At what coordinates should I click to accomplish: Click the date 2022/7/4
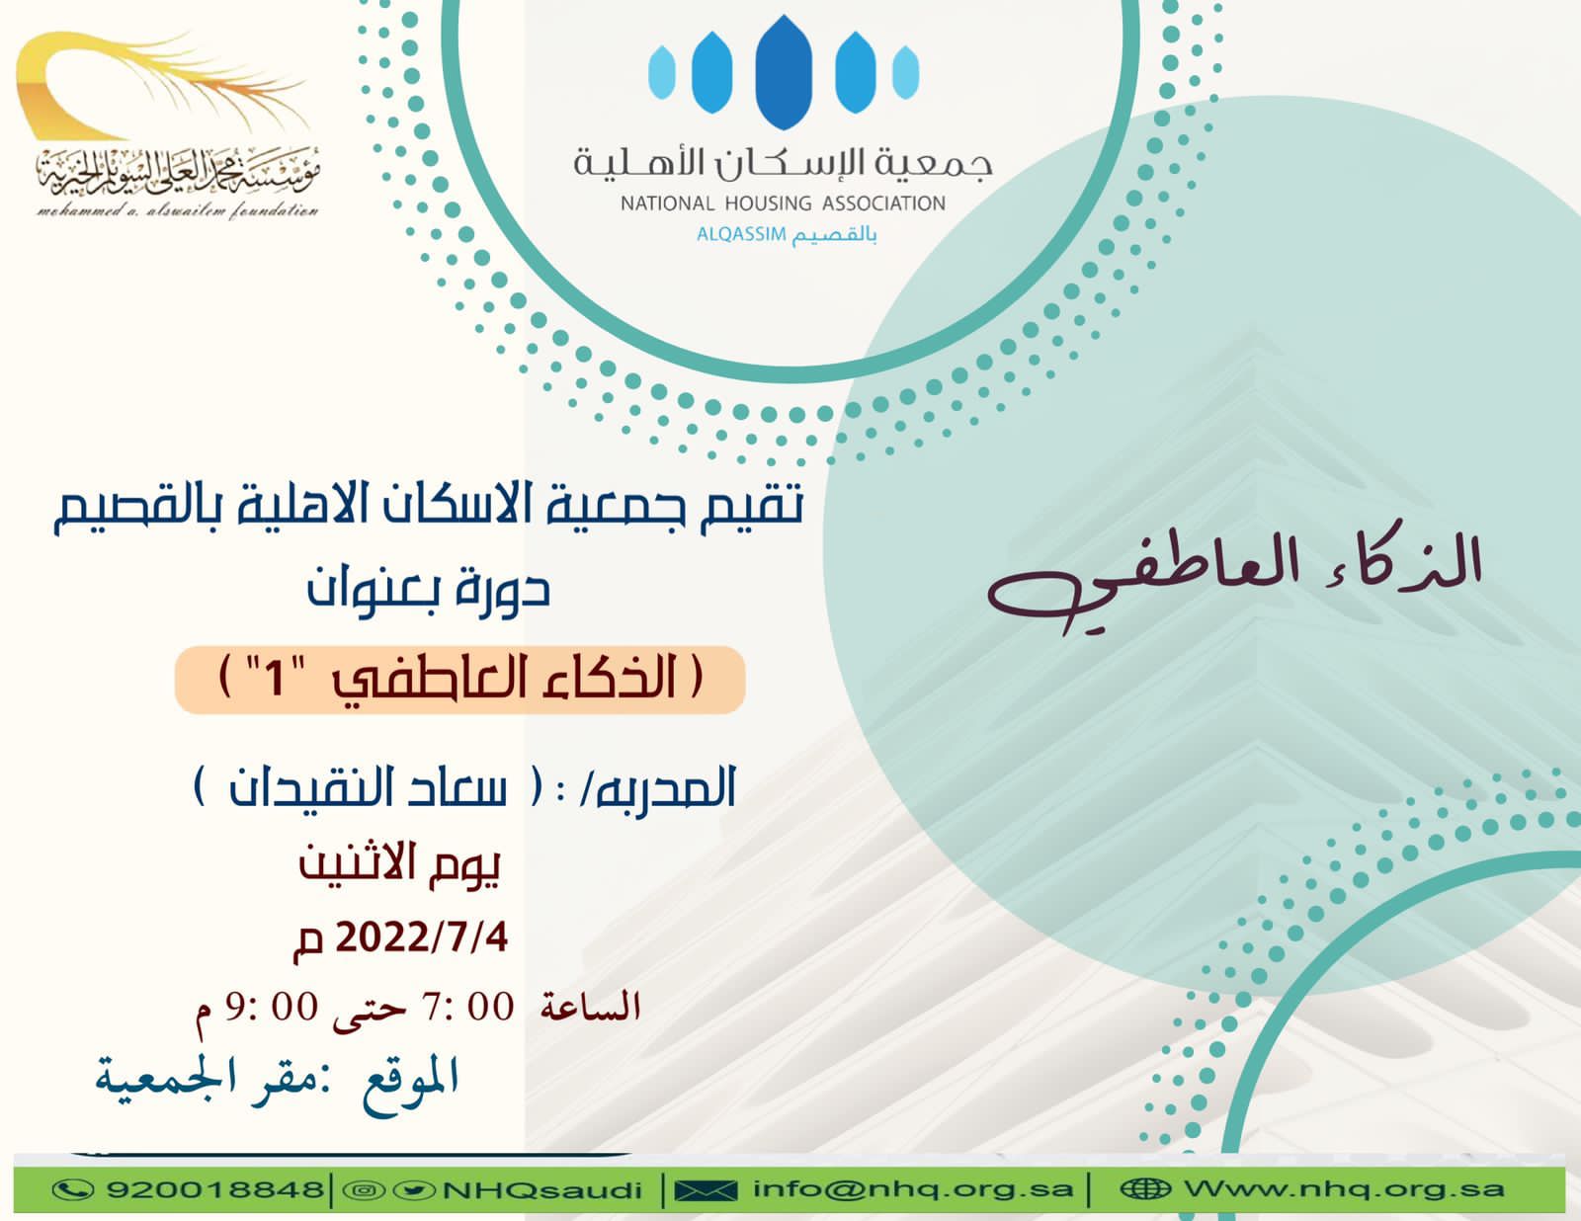tap(421, 938)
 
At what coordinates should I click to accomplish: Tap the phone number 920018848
tap(215, 1190)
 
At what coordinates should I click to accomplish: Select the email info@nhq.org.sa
tap(913, 1189)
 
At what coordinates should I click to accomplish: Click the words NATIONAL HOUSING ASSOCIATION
tap(783, 203)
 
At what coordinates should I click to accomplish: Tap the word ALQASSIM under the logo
tap(741, 235)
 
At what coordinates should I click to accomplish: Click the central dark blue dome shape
tap(784, 72)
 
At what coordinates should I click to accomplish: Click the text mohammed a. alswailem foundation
tap(178, 211)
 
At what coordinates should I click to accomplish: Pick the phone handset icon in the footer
tap(73, 1189)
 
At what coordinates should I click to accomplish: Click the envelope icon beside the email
tap(705, 1190)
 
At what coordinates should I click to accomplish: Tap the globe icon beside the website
tap(1145, 1189)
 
